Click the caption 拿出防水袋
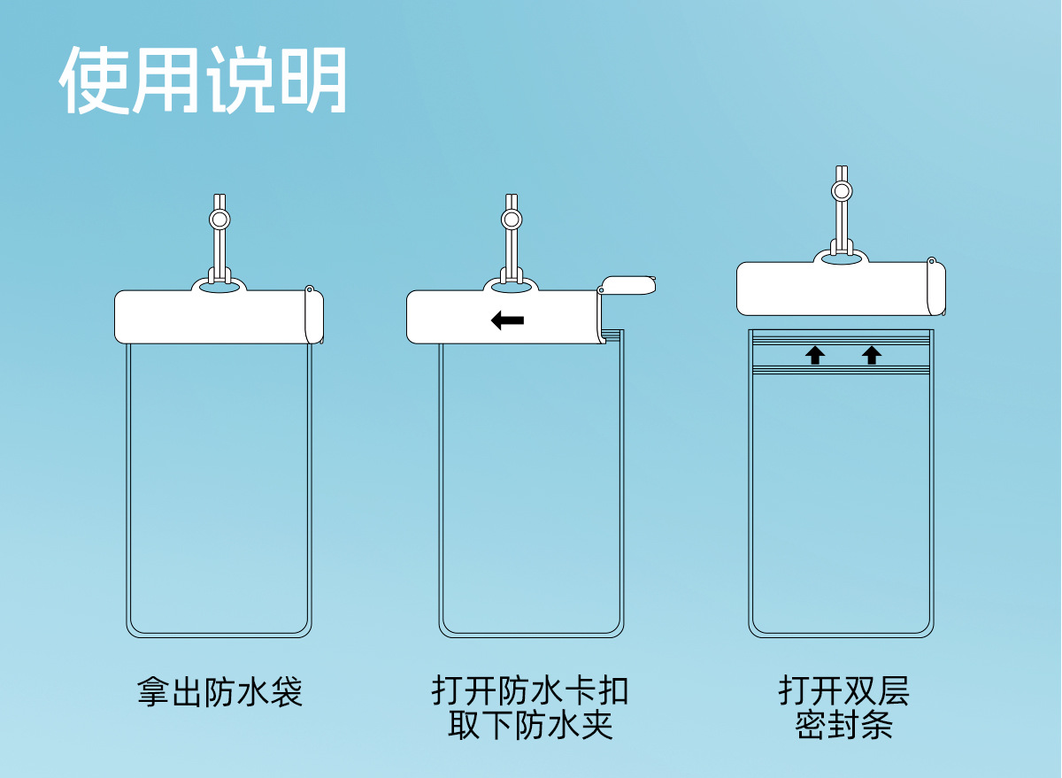(x=219, y=691)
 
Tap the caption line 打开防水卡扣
(x=530, y=690)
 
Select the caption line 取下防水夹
(x=530, y=726)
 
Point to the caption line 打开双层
(x=843, y=690)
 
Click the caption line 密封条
(x=843, y=726)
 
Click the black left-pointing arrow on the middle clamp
(x=507, y=320)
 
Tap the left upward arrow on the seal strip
(x=815, y=355)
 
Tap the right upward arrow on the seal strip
(x=872, y=355)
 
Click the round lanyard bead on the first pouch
(x=219, y=219)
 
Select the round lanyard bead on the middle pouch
(x=511, y=219)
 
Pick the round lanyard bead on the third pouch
(x=842, y=190)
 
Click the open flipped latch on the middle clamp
(x=627, y=285)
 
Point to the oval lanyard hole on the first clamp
(x=219, y=288)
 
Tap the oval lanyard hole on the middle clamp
(x=511, y=288)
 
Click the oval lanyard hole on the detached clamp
(x=842, y=259)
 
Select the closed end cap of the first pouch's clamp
(x=313, y=316)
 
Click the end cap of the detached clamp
(x=936, y=289)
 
